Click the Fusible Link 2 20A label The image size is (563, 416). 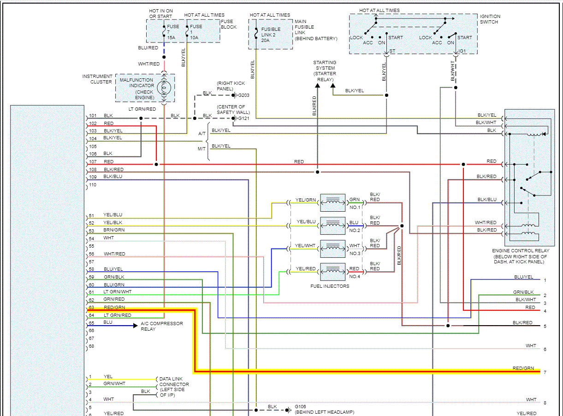(x=272, y=35)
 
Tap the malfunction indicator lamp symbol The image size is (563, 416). (x=164, y=87)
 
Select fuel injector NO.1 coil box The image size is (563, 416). (x=332, y=202)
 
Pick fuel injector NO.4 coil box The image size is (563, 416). (x=332, y=272)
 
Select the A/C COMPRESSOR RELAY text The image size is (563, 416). (x=161, y=326)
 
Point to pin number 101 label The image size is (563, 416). (x=93, y=116)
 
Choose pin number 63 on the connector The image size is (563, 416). (x=91, y=307)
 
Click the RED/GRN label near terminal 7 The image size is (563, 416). (x=523, y=368)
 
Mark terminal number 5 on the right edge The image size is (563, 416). (x=545, y=327)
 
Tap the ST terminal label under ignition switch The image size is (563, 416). (x=392, y=51)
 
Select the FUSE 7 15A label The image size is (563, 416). (x=173, y=32)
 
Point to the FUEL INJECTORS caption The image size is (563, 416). (x=330, y=286)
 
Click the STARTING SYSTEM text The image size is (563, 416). (x=325, y=68)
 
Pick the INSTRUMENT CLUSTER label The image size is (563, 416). (x=97, y=79)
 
